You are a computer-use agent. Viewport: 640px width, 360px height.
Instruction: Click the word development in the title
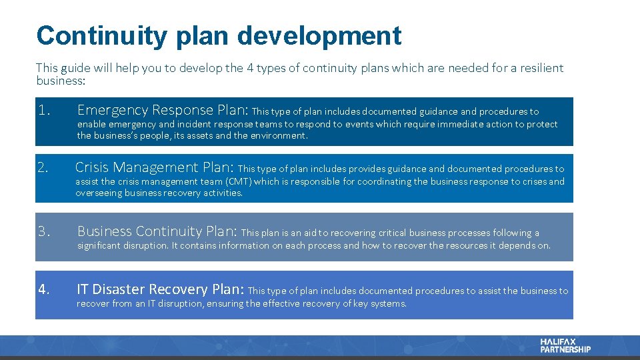(x=319, y=35)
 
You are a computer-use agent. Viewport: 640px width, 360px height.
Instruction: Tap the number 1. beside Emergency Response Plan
(x=45, y=110)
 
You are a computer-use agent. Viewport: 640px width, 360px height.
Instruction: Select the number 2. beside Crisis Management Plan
(x=44, y=167)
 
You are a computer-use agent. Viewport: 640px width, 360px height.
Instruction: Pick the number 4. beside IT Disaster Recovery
(x=44, y=289)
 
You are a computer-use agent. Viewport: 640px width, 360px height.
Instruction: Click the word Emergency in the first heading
(x=112, y=110)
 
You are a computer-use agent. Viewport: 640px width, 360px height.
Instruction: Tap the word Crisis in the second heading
(x=93, y=167)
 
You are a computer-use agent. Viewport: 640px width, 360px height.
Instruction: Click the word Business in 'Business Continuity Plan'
(x=105, y=231)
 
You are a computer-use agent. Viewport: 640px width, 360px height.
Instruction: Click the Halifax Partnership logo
(x=565, y=345)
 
